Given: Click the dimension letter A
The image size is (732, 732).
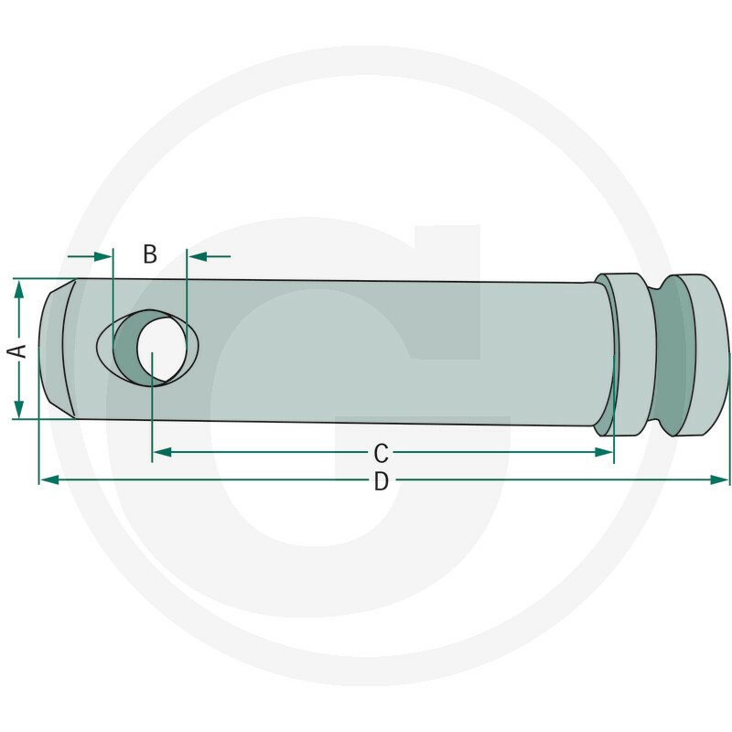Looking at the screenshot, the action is click(x=17, y=350).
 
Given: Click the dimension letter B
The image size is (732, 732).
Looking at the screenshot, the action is click(x=150, y=254).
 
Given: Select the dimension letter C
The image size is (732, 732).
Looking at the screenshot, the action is click(x=381, y=453).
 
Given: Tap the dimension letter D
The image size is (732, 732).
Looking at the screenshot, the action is click(x=381, y=481).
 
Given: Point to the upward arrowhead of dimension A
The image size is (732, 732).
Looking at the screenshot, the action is click(x=18, y=289).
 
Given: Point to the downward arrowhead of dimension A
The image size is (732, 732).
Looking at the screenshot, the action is click(x=18, y=408).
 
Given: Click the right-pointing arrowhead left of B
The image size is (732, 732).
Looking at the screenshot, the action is click(x=103, y=256).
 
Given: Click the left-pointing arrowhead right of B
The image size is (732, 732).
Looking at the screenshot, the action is click(x=197, y=256).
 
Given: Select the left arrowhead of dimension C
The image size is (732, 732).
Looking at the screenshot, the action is click(x=162, y=452).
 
